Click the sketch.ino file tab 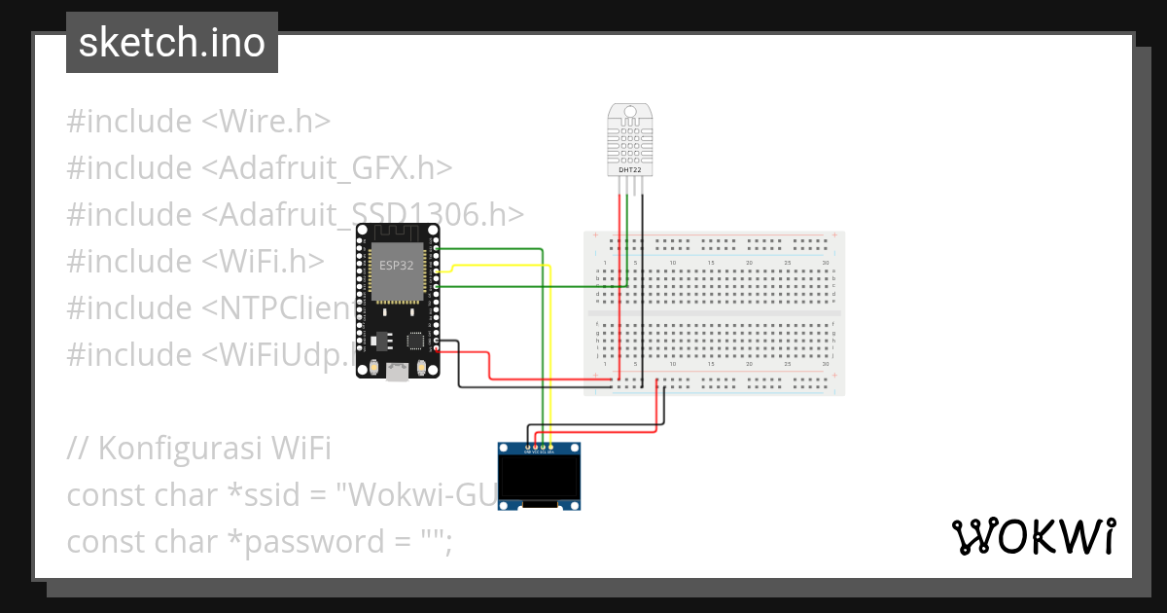172,43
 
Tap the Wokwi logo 1033,536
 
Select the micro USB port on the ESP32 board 398,372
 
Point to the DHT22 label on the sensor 629,170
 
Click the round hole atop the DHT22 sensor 629,112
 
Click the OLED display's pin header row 539,451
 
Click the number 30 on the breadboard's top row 825,263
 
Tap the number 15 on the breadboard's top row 711,263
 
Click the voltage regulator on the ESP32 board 379,341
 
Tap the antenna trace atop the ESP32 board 398,234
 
